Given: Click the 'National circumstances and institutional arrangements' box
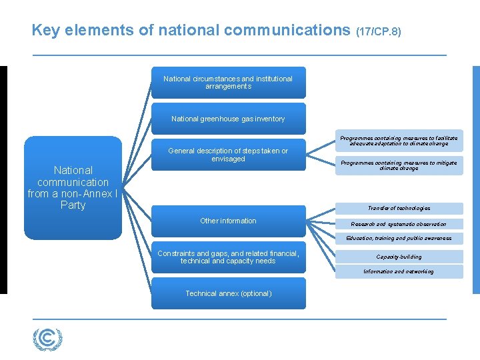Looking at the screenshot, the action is click(x=228, y=83).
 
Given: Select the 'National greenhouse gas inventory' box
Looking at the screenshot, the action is click(x=228, y=119).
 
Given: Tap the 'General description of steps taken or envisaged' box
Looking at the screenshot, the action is click(x=228, y=155).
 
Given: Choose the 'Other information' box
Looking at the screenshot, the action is click(x=228, y=221).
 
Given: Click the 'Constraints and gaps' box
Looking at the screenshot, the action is click(x=228, y=257).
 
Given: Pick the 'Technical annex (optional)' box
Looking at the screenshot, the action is click(x=228, y=293).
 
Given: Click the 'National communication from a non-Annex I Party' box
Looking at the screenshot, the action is click(x=73, y=188).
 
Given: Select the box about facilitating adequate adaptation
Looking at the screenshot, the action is click(x=399, y=141).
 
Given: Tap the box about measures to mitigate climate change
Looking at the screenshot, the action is click(x=399, y=165).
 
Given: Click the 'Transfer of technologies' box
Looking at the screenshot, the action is click(x=399, y=208).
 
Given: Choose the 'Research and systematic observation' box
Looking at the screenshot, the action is click(x=399, y=224).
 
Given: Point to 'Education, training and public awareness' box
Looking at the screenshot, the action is click(x=399, y=238).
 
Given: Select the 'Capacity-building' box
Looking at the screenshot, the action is click(x=399, y=257).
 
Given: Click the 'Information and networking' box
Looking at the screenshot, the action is click(x=399, y=271).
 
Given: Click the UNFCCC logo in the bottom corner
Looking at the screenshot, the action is click(x=47, y=339).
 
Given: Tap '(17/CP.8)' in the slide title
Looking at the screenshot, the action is click(x=379, y=31).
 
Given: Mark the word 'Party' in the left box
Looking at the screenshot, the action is click(x=73, y=205).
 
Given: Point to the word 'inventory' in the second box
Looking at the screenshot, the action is click(x=269, y=119).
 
